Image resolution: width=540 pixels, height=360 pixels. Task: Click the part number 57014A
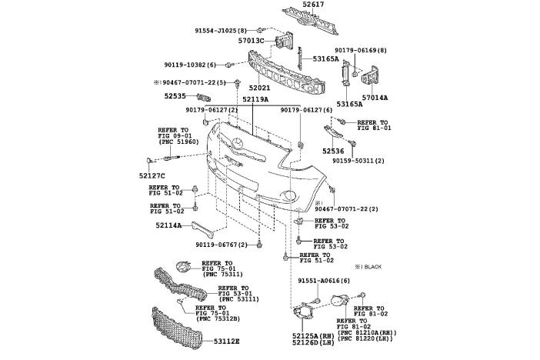tap(375, 98)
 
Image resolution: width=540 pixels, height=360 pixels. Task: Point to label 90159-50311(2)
tap(358, 162)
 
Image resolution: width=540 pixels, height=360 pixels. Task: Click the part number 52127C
tap(152, 175)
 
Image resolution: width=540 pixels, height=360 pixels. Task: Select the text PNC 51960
tap(178, 142)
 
